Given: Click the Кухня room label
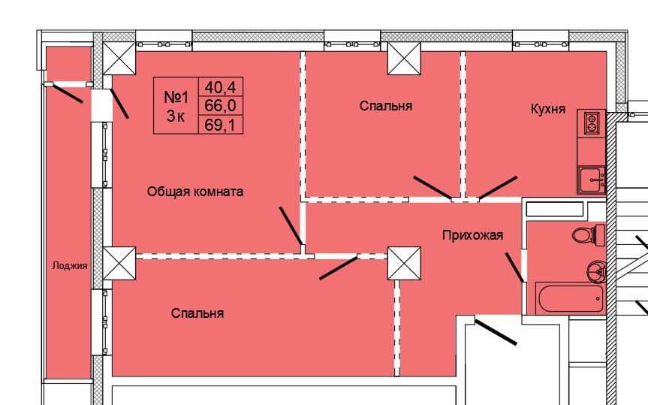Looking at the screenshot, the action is pos(548,109).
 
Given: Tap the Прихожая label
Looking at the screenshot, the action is pos(473,235).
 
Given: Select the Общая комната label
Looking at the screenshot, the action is pos(195,192).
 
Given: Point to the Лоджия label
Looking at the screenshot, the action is pos(70,265).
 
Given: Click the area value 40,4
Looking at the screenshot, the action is pos(221,87).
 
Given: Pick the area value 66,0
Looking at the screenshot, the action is pos(221,105).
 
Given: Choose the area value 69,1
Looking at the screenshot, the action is pos(221,125).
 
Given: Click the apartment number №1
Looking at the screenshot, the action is pos(176,98).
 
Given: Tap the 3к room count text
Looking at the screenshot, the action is pos(176,116).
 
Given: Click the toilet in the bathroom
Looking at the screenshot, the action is pos(589,235).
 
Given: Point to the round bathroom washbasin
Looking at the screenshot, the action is pos(596,271).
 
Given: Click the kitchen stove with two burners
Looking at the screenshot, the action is pos(592,123).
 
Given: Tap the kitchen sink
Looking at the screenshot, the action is pos(592,179).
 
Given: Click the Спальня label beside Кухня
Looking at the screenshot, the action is pos(386,106).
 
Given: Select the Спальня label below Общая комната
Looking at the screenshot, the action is pos(197,313).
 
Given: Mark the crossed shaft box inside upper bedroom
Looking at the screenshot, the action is pos(404,59).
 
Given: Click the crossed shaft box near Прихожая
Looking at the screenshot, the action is pos(404,263).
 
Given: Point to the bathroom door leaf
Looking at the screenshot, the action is pos(514,267).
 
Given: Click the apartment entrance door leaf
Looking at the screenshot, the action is pos(496,332).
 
